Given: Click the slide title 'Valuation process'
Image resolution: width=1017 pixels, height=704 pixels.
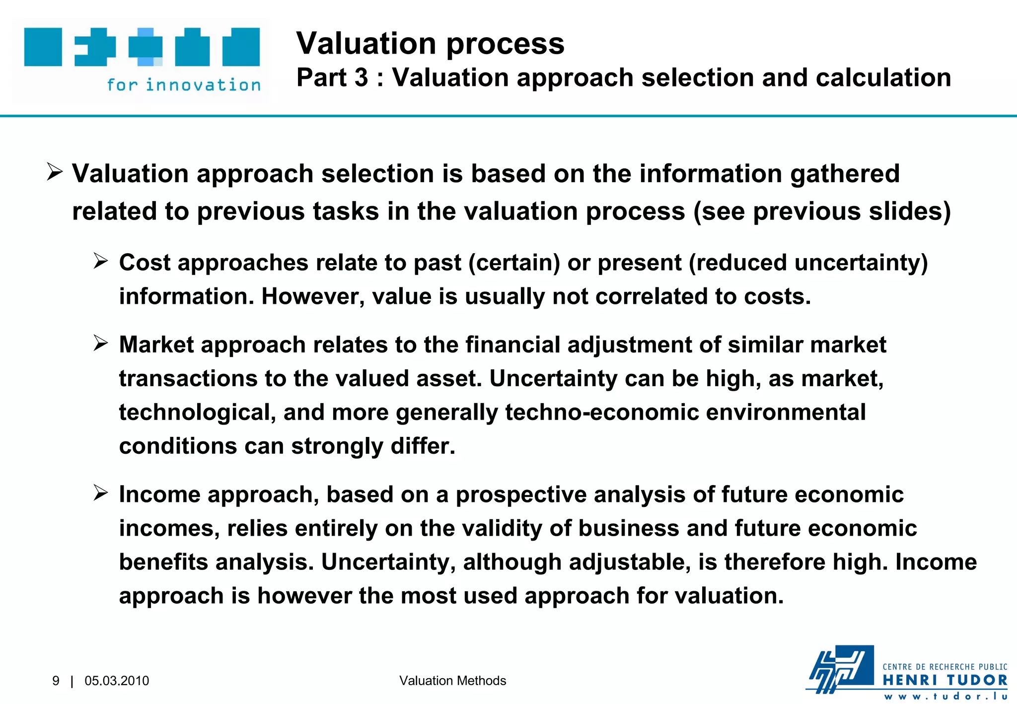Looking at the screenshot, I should click(430, 44).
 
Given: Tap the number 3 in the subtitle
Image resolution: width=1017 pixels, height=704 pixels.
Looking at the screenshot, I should click(361, 78).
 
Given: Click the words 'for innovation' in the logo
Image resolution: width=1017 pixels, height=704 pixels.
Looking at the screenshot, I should click(184, 85).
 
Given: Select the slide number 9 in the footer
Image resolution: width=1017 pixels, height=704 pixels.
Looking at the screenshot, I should click(56, 681).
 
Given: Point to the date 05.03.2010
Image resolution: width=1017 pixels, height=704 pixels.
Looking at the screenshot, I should click(117, 681).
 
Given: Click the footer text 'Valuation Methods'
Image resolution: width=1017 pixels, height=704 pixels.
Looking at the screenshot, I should click(452, 681).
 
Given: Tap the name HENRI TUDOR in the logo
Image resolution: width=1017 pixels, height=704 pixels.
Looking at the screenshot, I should click(945, 680).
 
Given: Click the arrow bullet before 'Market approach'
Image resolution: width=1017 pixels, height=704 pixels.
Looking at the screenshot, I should click(101, 343).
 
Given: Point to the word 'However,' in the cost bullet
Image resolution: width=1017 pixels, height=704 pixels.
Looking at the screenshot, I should click(313, 296).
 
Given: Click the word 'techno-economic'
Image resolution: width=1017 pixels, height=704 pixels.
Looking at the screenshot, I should click(602, 413).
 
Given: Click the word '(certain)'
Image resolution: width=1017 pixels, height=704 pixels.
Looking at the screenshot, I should click(514, 263).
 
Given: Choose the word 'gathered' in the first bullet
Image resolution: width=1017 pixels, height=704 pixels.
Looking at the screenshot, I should click(845, 174).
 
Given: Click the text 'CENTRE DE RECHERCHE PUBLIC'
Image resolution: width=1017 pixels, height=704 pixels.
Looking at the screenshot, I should click(945, 667).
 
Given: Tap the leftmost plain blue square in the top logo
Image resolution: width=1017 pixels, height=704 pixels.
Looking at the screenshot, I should click(43, 47).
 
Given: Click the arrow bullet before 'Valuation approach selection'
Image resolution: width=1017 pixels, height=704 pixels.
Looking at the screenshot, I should click(55, 172).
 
